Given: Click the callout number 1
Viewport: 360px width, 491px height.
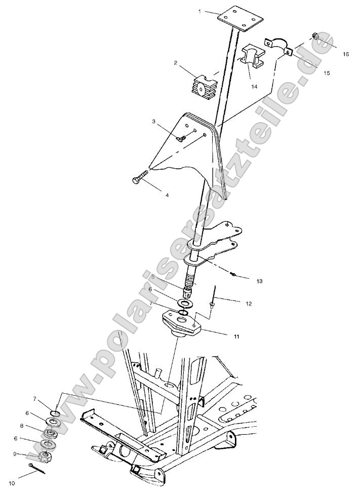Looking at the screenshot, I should click(201, 11).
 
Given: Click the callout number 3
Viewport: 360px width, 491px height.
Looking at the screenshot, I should click(153, 122).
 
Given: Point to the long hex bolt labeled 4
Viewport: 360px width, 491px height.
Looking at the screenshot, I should click(139, 178).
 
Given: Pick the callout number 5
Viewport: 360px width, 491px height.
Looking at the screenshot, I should click(152, 277).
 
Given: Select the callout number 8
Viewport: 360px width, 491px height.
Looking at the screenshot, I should click(36, 426).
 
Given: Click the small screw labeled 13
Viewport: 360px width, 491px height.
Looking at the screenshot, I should click(233, 274).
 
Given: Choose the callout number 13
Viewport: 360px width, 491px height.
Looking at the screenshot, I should click(260, 280).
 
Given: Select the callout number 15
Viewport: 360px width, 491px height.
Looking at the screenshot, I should click(327, 73).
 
